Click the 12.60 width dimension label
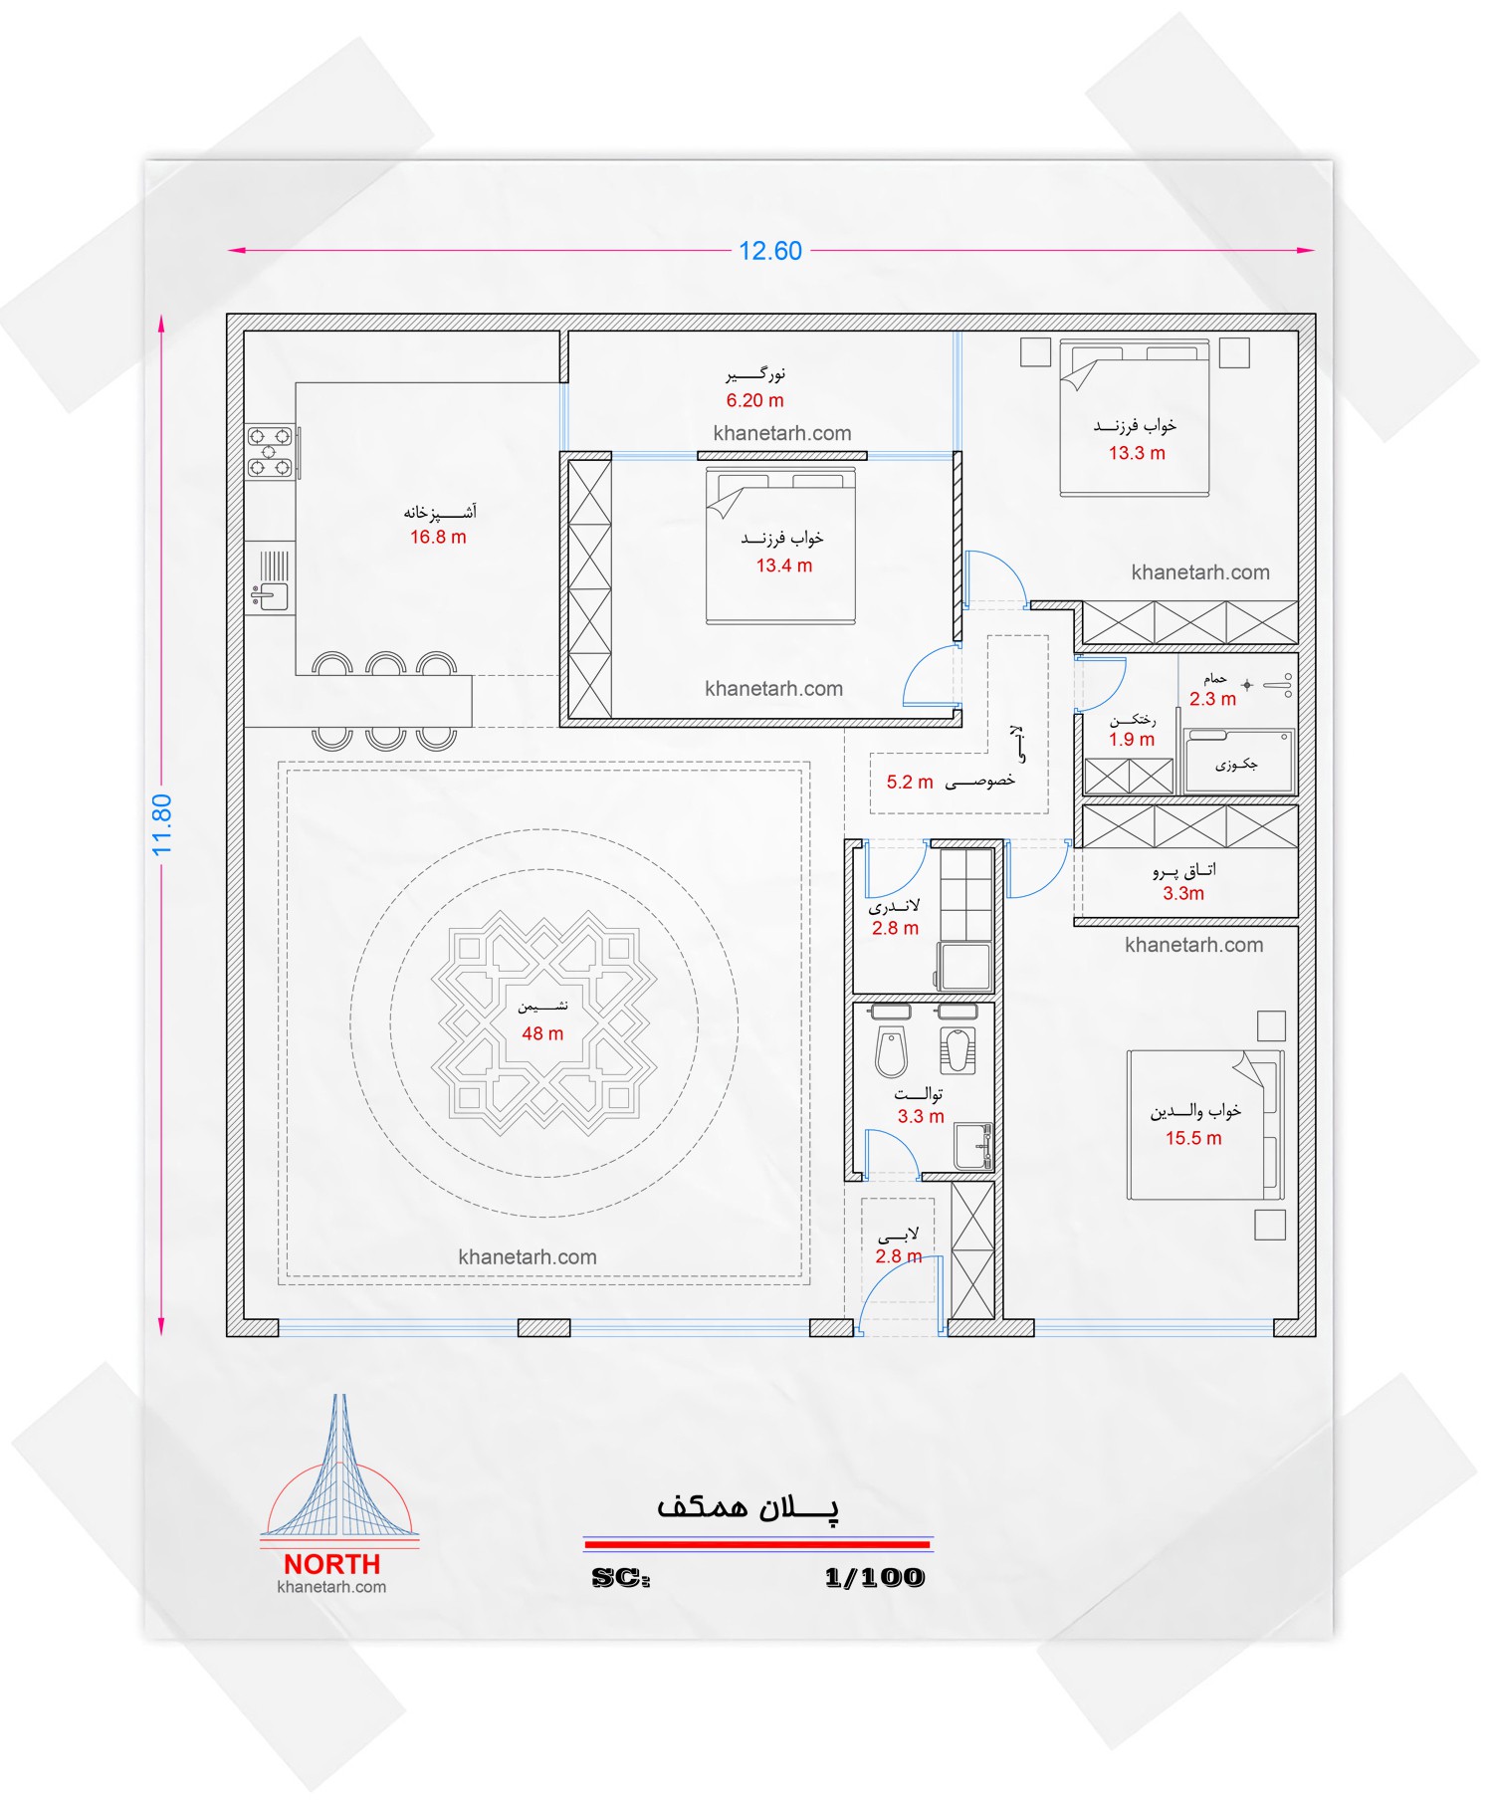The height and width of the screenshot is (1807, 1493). tap(770, 251)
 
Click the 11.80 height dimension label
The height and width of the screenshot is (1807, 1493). tap(162, 824)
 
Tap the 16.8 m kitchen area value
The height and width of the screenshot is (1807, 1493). tap(438, 538)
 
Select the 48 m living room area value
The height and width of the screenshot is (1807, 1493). tap(542, 1034)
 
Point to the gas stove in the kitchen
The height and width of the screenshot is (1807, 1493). tap(270, 452)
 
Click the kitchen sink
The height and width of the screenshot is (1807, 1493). tap(270, 596)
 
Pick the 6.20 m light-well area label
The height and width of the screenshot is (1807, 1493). tap(754, 401)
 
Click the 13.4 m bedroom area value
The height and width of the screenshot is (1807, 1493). tap(784, 566)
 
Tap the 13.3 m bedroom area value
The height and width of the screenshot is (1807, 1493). tap(1137, 454)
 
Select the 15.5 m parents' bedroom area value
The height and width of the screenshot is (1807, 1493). tap(1193, 1139)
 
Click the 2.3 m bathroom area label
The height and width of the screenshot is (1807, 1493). tap(1212, 700)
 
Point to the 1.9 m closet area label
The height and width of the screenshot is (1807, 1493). tap(1132, 740)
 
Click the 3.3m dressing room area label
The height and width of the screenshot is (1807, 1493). tap(1183, 894)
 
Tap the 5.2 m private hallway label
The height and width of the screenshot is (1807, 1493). tap(910, 783)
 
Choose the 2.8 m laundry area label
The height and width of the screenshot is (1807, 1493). tap(895, 929)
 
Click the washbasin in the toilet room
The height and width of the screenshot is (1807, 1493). tap(972, 1146)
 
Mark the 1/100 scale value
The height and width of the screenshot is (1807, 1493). tap(875, 1578)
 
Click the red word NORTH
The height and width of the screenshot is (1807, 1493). tap(332, 1565)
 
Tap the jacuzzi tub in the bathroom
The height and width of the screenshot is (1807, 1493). tap(1238, 762)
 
